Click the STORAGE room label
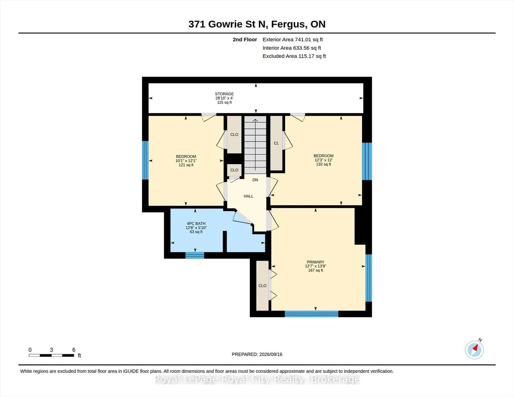click(224, 94)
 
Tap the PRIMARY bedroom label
click(315, 262)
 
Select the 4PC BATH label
click(196, 224)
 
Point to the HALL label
click(248, 196)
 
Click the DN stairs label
click(255, 180)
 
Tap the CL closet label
click(276, 143)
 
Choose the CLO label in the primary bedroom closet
click(262, 286)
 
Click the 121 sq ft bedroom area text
click(186, 165)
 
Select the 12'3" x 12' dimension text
click(323, 160)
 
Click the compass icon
click(475, 350)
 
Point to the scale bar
click(51, 355)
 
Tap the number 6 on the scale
click(74, 350)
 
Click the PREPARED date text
click(257, 354)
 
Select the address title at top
click(257, 24)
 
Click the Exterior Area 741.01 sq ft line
click(293, 39)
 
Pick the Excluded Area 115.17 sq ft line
click(294, 56)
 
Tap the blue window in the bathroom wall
click(195, 255)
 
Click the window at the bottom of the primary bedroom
click(312, 314)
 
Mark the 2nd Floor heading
click(245, 39)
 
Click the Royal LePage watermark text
click(257, 379)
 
